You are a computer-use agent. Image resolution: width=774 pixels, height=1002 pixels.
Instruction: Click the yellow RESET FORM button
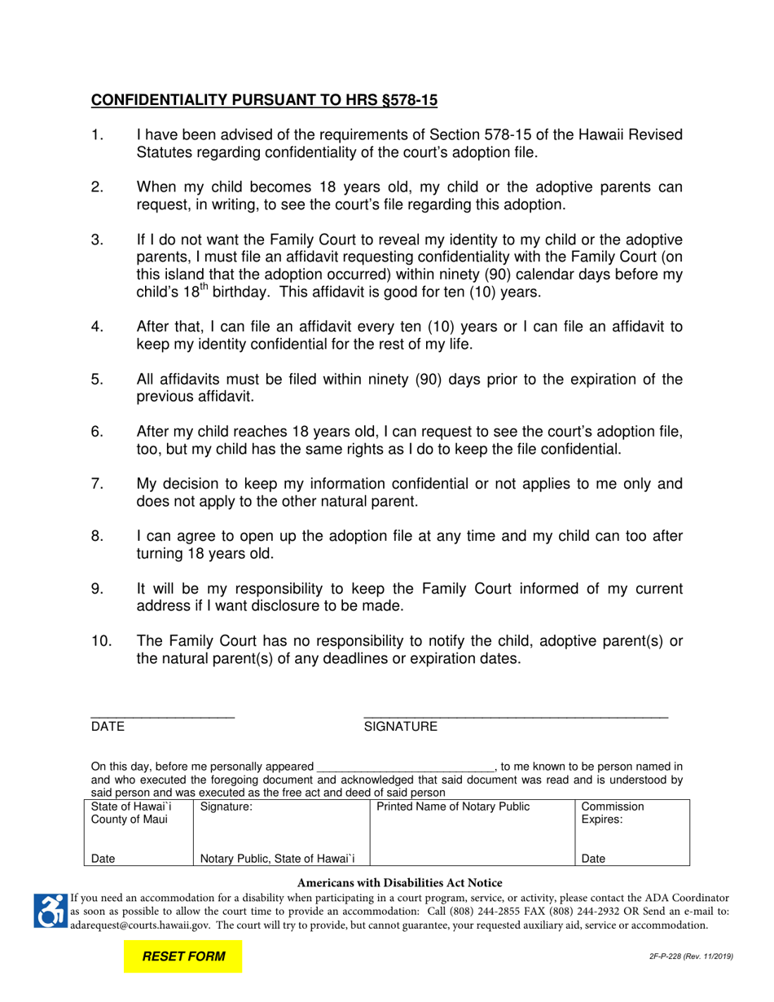coord(183,956)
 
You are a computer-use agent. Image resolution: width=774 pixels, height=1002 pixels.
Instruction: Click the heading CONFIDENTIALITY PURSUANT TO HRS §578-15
coord(264,100)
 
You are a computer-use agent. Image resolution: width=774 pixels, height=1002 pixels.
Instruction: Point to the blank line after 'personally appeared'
coord(405,767)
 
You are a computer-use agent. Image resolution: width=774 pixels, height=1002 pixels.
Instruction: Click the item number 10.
coord(102,641)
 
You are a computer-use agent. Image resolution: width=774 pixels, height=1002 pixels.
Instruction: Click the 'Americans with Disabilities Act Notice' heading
coord(399,882)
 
